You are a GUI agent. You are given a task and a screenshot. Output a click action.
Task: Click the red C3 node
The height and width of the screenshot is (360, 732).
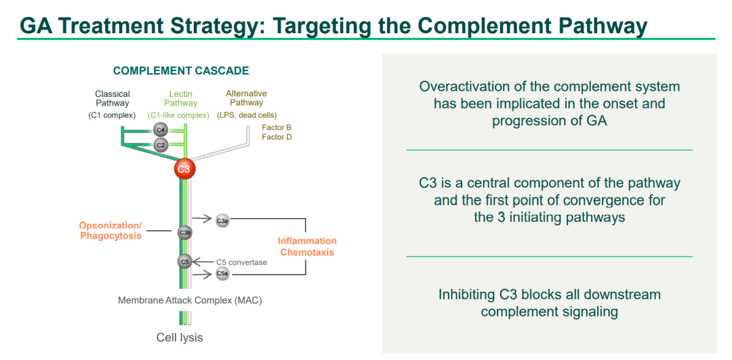(x=184, y=167)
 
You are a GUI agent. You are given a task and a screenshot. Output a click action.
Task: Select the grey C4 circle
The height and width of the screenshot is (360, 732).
(x=161, y=129)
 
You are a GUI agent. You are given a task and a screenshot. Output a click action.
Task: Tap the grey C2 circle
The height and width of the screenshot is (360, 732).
(x=161, y=144)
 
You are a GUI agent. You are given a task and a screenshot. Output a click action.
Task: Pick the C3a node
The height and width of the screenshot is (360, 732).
(x=222, y=220)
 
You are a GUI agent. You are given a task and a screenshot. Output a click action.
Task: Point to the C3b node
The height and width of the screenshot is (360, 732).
(x=184, y=233)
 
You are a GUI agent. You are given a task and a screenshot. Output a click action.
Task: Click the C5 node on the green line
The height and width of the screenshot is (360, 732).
(x=184, y=261)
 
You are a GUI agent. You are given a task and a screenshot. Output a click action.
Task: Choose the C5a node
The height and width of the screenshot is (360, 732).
(x=222, y=274)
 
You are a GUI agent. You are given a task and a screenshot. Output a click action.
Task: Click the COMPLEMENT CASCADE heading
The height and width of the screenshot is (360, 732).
(x=181, y=71)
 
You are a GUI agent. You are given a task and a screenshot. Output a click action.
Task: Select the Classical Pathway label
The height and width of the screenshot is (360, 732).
(x=113, y=99)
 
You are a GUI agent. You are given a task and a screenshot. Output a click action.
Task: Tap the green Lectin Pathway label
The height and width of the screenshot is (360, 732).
(x=181, y=99)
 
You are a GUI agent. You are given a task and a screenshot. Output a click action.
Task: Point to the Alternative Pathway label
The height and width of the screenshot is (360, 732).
(x=247, y=98)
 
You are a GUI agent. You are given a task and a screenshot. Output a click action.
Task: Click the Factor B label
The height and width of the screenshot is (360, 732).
(x=277, y=127)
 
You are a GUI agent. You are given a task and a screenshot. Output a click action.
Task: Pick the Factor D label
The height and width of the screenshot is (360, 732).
(x=277, y=138)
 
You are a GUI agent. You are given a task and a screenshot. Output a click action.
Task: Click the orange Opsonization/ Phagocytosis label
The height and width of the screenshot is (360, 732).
(x=110, y=231)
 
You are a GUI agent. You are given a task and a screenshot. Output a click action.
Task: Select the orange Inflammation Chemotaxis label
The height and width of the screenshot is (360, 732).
(x=307, y=247)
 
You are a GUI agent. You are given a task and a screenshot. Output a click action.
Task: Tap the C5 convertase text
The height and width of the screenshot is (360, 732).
(x=242, y=262)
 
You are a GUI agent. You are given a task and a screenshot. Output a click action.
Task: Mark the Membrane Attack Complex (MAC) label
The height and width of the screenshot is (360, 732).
(x=190, y=300)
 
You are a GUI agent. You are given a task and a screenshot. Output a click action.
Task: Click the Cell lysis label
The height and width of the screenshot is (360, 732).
(x=180, y=337)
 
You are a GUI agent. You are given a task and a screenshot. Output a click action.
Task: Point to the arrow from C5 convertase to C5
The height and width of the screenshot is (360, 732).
(x=203, y=262)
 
